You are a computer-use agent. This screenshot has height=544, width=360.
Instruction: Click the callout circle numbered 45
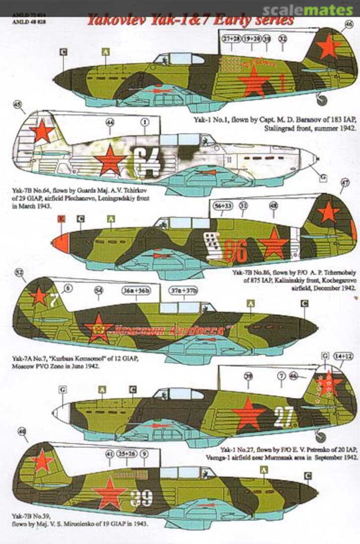pyautogui.click(x=18, y=105)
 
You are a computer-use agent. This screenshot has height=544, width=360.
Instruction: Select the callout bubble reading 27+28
pyautogui.click(x=232, y=38)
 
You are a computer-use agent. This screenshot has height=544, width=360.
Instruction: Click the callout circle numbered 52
pyautogui.click(x=20, y=273)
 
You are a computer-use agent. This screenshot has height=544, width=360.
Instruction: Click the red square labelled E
pyautogui.click(x=62, y=219)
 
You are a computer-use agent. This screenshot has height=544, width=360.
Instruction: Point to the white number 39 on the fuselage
pyautogui.click(x=141, y=498)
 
